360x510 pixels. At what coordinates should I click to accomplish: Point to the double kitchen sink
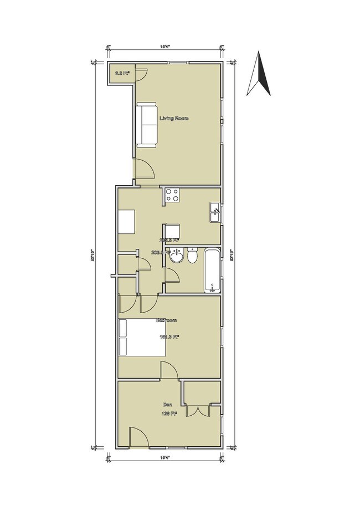coord(215,213)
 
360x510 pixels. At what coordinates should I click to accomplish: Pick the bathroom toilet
coord(192,257)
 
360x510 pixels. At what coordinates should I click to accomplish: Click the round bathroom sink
coord(177,257)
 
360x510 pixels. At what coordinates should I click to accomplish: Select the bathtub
coord(211,271)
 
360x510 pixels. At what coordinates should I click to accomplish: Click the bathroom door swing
coord(172,278)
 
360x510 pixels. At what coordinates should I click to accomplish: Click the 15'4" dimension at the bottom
coord(164,457)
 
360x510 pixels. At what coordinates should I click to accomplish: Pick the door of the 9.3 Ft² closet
coord(140,74)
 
